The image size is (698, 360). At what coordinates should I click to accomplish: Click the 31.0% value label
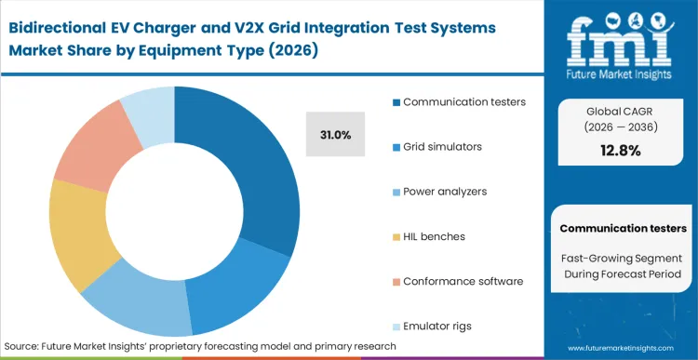[x=335, y=135]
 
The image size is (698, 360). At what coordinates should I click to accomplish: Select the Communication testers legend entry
[x=456, y=102]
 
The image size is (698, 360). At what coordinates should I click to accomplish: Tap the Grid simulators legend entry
[x=441, y=147]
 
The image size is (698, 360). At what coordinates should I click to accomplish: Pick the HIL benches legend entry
[x=434, y=236]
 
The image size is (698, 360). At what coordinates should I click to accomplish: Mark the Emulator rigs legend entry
[x=436, y=326]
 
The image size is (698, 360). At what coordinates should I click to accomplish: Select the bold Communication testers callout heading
[x=624, y=228]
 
